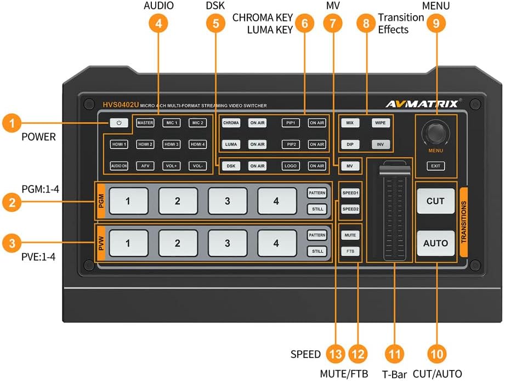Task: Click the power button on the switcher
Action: pyautogui.click(x=119, y=123)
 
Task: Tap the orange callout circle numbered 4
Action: pyautogui.click(x=158, y=23)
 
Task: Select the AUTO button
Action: pyautogui.click(x=436, y=243)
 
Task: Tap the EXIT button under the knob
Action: pyautogui.click(x=436, y=165)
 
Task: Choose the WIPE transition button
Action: pyautogui.click(x=380, y=123)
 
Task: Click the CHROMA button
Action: pyautogui.click(x=231, y=123)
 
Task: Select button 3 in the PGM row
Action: pyautogui.click(x=227, y=201)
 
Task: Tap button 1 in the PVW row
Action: pyautogui.click(x=128, y=243)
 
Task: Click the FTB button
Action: pyautogui.click(x=349, y=251)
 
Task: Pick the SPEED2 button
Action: pyautogui.click(x=349, y=209)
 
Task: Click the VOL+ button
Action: pyautogui.click(x=172, y=165)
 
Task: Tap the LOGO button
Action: pyautogui.click(x=291, y=165)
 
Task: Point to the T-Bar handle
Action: pyautogui.click(x=394, y=166)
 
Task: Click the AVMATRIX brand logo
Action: pyautogui.click(x=419, y=104)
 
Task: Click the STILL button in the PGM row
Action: pyautogui.click(x=317, y=209)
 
